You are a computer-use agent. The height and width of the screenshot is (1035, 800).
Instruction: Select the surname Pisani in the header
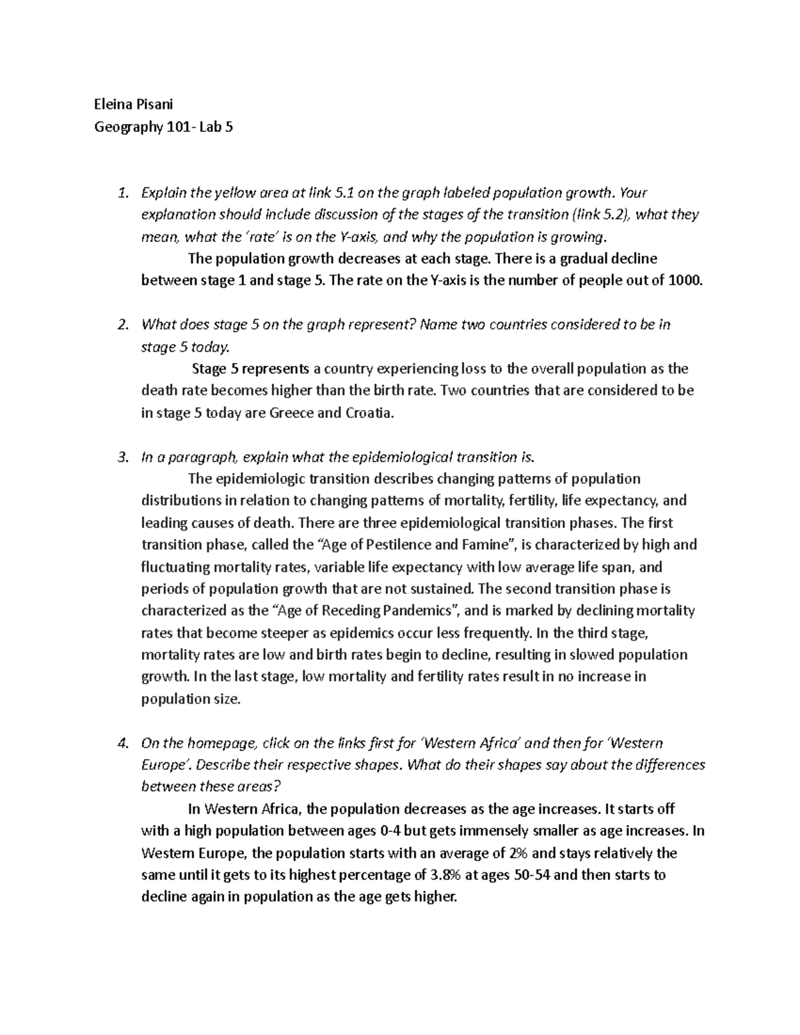155,104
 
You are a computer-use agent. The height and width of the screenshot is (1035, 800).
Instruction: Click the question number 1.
121,193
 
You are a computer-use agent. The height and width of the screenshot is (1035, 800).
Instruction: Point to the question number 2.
121,325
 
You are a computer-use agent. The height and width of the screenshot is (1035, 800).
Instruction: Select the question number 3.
121,457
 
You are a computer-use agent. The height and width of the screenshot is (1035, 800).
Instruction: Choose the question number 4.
121,743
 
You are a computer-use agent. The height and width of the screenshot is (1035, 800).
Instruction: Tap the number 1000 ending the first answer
684,281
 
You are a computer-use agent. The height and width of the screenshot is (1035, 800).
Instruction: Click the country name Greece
291,413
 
